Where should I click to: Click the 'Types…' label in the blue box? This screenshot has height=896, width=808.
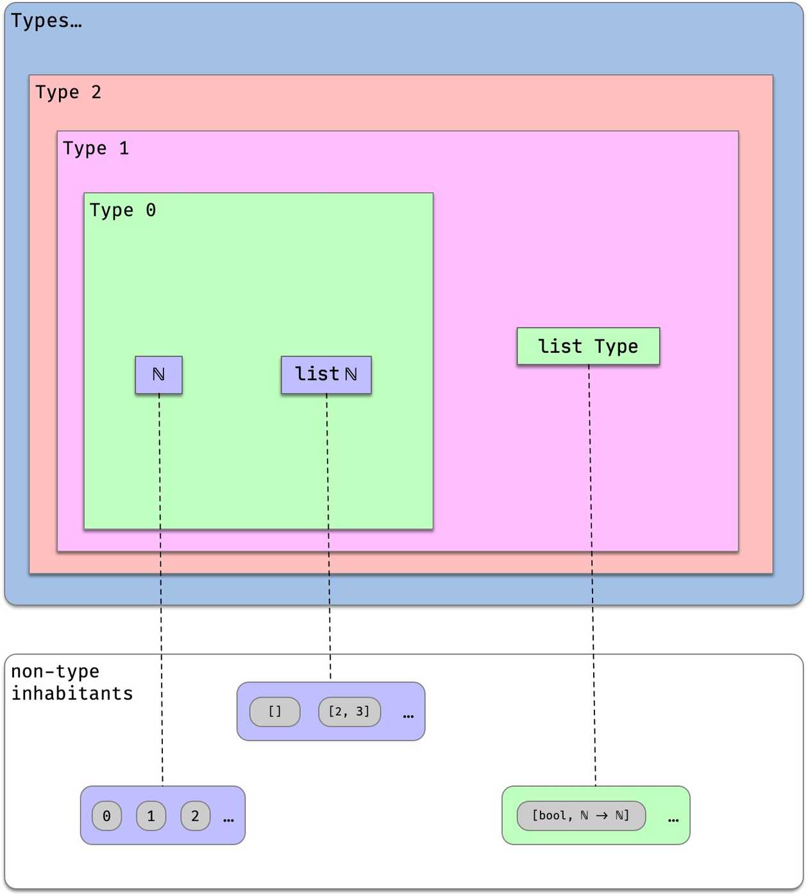[46, 21]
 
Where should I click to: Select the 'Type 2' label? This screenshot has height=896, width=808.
[68, 92]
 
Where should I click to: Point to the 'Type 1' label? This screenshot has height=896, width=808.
[96, 149]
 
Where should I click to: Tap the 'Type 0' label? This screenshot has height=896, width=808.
[122, 210]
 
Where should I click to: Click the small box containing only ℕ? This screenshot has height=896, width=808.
[158, 375]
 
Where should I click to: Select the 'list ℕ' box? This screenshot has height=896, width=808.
[326, 375]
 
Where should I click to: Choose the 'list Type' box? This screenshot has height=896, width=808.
[588, 346]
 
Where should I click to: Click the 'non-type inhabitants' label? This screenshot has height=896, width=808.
[71, 682]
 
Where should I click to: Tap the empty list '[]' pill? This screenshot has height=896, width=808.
[274, 711]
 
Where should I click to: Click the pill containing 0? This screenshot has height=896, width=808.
[106, 816]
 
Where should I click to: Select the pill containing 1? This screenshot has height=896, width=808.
[151, 816]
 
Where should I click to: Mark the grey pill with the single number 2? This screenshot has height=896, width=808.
[195, 816]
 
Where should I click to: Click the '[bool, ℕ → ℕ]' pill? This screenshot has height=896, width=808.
[581, 816]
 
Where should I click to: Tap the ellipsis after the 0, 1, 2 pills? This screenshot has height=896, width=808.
[228, 820]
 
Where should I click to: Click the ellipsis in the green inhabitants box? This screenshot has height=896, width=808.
[673, 820]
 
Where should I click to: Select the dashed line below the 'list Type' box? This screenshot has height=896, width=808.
[592, 577]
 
